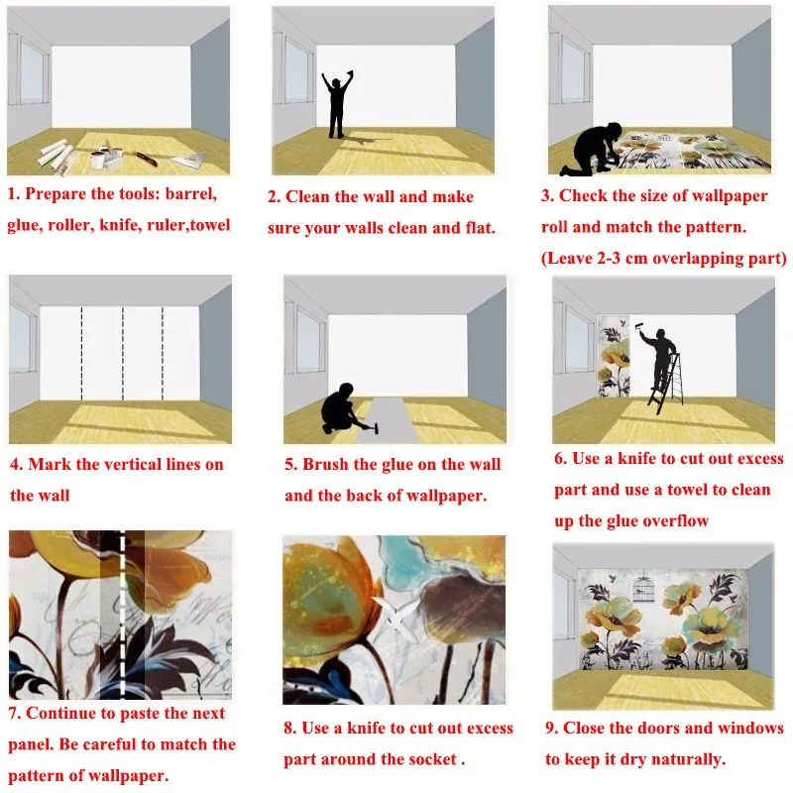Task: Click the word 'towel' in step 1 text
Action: (210, 225)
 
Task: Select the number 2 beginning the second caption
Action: (273, 196)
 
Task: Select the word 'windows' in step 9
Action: (751, 728)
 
